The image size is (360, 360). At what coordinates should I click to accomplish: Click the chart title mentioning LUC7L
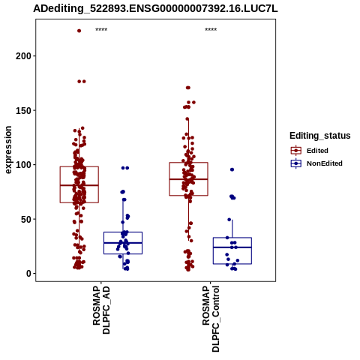point(155,9)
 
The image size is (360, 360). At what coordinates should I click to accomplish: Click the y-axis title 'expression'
point(8,150)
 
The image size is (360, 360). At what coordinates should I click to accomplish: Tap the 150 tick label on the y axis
point(23,110)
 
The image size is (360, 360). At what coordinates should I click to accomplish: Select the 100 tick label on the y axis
point(23,165)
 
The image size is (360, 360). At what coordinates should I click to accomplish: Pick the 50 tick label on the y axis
point(26,219)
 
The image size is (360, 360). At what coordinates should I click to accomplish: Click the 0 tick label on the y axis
point(29,274)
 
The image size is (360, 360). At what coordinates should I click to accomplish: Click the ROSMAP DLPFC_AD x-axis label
point(101,310)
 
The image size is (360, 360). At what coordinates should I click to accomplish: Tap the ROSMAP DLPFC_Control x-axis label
point(211,319)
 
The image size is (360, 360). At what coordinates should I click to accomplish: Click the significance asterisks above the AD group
point(101,30)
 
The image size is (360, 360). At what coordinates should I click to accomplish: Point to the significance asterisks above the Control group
point(211,30)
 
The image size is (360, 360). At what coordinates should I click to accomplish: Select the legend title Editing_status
point(320,136)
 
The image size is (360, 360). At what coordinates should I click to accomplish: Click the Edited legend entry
point(310,151)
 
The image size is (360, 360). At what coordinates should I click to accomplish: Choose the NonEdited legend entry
point(316,163)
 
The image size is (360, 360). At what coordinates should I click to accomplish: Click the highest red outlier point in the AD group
point(79,31)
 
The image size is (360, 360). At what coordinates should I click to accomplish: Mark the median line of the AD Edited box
point(79,185)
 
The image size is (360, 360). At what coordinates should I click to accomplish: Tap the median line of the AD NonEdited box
point(123,243)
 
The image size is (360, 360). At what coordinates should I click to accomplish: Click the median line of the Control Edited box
point(188,179)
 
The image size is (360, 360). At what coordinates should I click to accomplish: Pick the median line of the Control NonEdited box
point(232,247)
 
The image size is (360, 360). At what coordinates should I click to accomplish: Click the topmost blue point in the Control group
point(232,169)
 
